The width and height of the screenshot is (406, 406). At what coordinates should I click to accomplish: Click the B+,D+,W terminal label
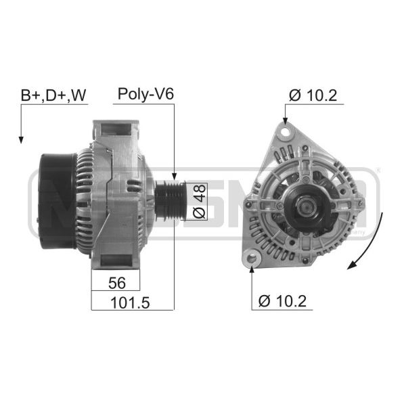coord(53,95)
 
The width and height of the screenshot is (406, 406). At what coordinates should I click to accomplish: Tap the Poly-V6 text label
coord(145,94)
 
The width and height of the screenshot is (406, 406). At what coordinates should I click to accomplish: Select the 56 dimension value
coord(117,283)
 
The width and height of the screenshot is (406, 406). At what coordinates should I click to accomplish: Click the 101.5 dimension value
coord(130,302)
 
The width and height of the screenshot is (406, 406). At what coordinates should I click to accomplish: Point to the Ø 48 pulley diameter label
coord(200,201)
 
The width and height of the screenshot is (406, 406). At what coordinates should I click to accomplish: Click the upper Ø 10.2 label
coord(313,95)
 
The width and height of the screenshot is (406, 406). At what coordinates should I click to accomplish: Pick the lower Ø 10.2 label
coord(282,301)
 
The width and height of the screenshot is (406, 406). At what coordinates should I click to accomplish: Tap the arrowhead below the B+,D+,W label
coord(21,140)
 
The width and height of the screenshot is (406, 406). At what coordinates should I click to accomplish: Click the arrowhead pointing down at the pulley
coord(175,176)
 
